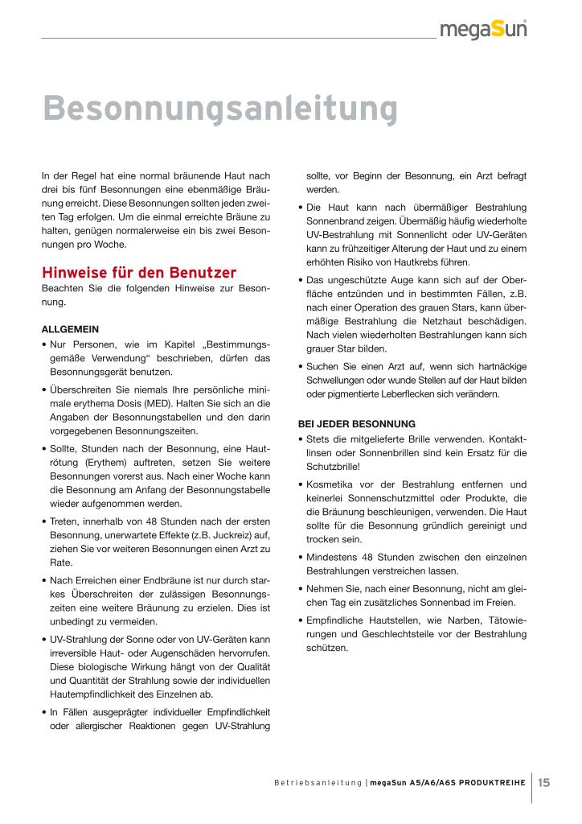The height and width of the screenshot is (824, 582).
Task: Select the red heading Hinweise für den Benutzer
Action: [138, 271]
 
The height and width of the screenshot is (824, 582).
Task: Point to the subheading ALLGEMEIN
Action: [70, 329]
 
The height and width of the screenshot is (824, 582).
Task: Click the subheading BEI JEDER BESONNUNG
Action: [356, 423]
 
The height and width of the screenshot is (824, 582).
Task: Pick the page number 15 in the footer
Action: [544, 781]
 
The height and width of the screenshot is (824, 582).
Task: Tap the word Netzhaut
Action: [448, 320]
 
